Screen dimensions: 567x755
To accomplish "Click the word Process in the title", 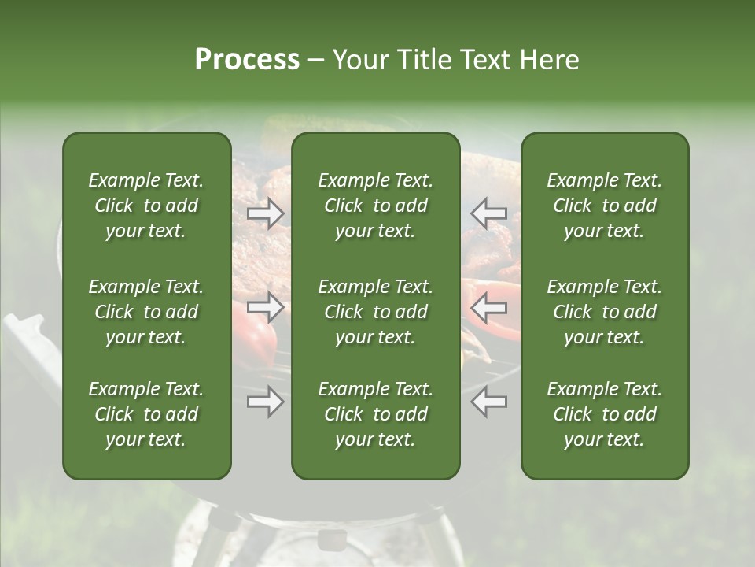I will click(x=247, y=60).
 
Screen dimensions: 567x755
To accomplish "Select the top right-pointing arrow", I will click(x=265, y=213).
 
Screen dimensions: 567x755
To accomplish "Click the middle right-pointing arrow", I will click(x=265, y=307).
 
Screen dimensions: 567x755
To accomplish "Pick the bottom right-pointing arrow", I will click(x=265, y=402).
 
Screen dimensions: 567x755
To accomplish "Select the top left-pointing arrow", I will click(x=489, y=213).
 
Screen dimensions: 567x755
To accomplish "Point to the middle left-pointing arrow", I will click(x=489, y=307).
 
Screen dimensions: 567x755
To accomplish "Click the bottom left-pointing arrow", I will click(x=489, y=402).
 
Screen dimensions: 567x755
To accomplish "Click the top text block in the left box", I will click(x=146, y=206).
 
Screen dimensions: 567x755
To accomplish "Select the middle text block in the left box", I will click(x=146, y=312).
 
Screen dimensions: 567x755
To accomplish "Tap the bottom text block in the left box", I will click(x=146, y=414).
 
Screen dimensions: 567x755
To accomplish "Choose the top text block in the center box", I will click(x=375, y=206).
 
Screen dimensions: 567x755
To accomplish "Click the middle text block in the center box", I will click(x=375, y=312).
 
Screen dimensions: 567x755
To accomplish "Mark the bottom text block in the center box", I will click(x=375, y=414).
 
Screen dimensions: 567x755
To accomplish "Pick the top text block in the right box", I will click(x=604, y=206).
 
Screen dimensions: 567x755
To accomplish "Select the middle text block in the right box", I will click(x=604, y=312).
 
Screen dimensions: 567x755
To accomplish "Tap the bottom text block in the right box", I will click(x=604, y=414).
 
